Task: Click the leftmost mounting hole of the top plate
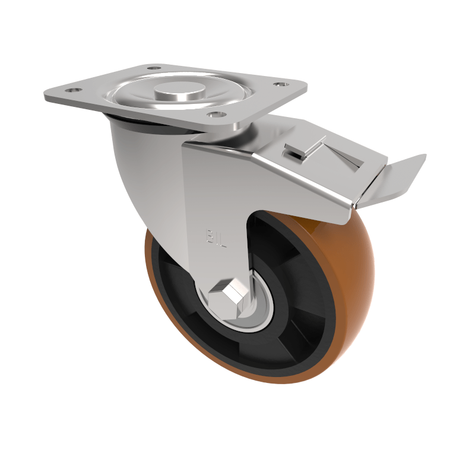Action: point(72,91)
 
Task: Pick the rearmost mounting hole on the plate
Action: point(154,68)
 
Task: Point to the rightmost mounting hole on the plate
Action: point(278,85)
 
